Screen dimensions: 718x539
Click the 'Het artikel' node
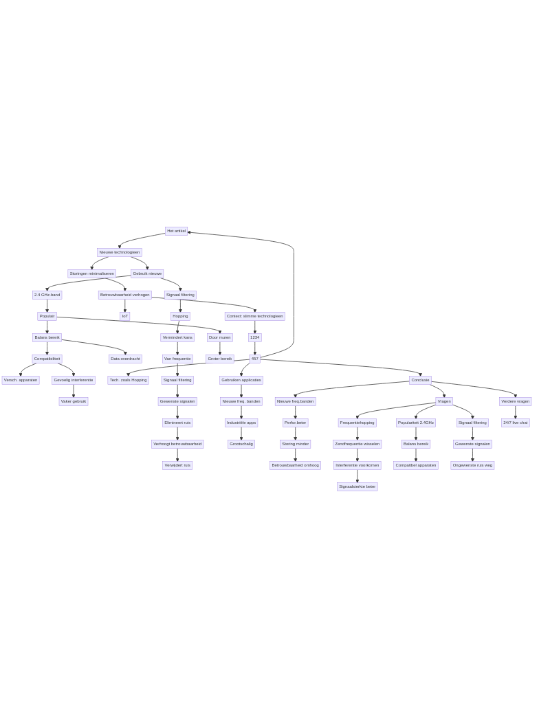[x=176, y=231]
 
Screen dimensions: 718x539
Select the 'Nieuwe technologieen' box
[x=120, y=252]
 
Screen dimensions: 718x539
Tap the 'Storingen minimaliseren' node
[x=91, y=273]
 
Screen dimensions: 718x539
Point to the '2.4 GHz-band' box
[x=47, y=295]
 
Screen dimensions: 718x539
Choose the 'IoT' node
[x=125, y=316]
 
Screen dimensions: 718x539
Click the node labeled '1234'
[x=254, y=337]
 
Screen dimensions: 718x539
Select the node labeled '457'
[x=254, y=359]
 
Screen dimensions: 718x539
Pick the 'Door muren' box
[x=220, y=337]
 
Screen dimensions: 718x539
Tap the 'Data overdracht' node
[x=125, y=359]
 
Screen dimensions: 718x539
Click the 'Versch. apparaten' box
[x=21, y=380]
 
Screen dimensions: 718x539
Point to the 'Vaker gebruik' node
[x=74, y=401]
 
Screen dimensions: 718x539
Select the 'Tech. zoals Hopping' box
[x=128, y=380]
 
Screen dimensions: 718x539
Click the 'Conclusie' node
[x=420, y=380]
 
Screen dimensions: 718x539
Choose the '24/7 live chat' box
[x=515, y=423]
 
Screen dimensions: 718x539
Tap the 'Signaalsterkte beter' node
[x=357, y=486]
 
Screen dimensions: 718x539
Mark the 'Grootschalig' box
[x=241, y=444]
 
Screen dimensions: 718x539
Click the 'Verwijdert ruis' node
[x=177, y=465]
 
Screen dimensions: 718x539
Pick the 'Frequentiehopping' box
[x=357, y=423]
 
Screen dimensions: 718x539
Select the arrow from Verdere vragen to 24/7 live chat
[x=515, y=412]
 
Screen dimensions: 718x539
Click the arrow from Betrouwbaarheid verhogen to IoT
[x=125, y=306]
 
